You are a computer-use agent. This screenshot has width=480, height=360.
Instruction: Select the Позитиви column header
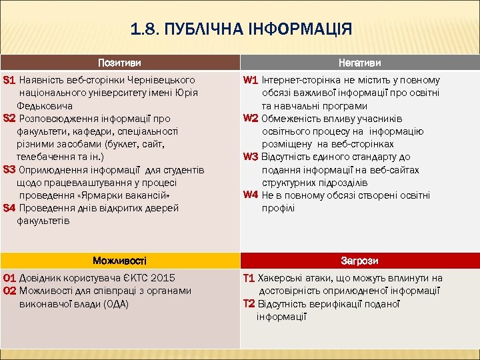(x=119, y=63)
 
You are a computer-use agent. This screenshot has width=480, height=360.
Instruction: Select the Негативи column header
(x=360, y=63)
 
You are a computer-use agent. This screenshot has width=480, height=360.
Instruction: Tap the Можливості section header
(x=119, y=261)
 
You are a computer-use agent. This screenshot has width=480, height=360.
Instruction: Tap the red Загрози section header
(x=360, y=261)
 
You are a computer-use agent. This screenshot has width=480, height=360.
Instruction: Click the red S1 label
(x=9, y=80)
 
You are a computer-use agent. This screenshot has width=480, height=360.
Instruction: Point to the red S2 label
(x=9, y=119)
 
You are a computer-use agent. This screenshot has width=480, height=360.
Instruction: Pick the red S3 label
(x=9, y=169)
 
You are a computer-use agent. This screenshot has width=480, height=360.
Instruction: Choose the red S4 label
(x=9, y=208)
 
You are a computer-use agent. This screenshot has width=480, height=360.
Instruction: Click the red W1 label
(x=251, y=80)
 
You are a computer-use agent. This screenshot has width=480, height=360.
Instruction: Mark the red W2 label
(x=251, y=119)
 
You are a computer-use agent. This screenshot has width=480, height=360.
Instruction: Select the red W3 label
(x=251, y=157)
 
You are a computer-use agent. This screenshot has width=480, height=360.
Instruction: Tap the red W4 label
(x=251, y=195)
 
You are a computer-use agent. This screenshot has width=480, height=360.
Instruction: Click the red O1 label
(x=10, y=278)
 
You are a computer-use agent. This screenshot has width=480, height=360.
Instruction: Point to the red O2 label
(x=10, y=291)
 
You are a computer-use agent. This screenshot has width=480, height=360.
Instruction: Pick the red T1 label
(x=249, y=278)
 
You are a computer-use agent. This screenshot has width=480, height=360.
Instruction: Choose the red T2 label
(x=249, y=303)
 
